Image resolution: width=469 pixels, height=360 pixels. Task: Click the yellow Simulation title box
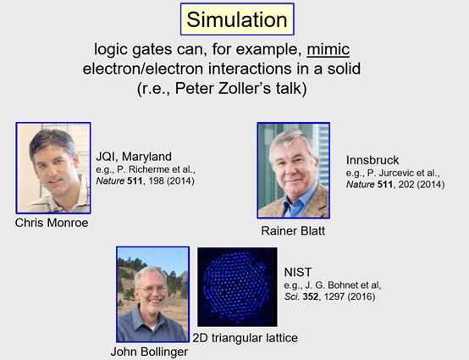[x=237, y=19]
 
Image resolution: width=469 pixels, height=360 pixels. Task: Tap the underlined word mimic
[x=328, y=49]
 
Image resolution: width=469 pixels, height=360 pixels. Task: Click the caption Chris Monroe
[x=52, y=223]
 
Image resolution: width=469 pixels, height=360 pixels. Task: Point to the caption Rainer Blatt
[x=293, y=230]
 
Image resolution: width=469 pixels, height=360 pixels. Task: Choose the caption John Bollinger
[x=149, y=352]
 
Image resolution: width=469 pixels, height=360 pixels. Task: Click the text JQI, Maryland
[x=134, y=157]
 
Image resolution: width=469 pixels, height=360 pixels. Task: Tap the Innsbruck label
[x=372, y=160]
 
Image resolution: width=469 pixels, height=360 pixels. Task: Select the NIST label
[x=298, y=272]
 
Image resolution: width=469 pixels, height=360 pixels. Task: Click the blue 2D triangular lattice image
[x=237, y=286]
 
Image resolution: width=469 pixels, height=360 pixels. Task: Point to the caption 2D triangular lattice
[x=245, y=338]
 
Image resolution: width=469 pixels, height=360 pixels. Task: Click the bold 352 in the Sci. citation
[x=310, y=296]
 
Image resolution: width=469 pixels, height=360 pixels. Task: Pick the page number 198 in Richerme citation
[x=156, y=180]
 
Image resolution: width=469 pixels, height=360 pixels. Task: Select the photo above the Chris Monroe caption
[x=53, y=168]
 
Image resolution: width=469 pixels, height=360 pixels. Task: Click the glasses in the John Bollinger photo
[x=152, y=289]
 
